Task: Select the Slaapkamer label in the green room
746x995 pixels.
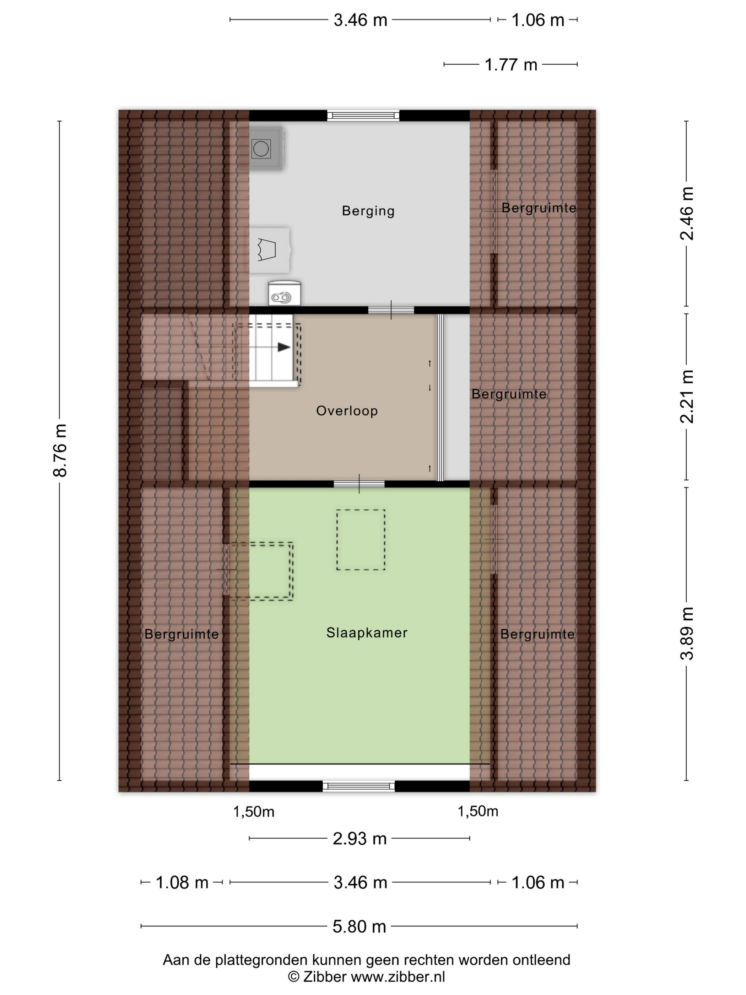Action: pyautogui.click(x=367, y=633)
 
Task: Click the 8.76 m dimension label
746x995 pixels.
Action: pyautogui.click(x=60, y=450)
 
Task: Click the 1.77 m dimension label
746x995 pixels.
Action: pyautogui.click(x=511, y=65)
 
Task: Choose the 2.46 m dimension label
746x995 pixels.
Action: pyautogui.click(x=687, y=214)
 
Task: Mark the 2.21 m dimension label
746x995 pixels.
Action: pyautogui.click(x=687, y=397)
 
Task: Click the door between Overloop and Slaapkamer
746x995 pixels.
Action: pyautogui.click(x=359, y=484)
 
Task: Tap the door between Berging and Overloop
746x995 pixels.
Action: pyautogui.click(x=391, y=310)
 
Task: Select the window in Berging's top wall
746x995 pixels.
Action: pyautogui.click(x=363, y=115)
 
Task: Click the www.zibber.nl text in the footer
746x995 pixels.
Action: pyautogui.click(x=398, y=977)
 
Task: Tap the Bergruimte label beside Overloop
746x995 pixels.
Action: pyautogui.click(x=509, y=394)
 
